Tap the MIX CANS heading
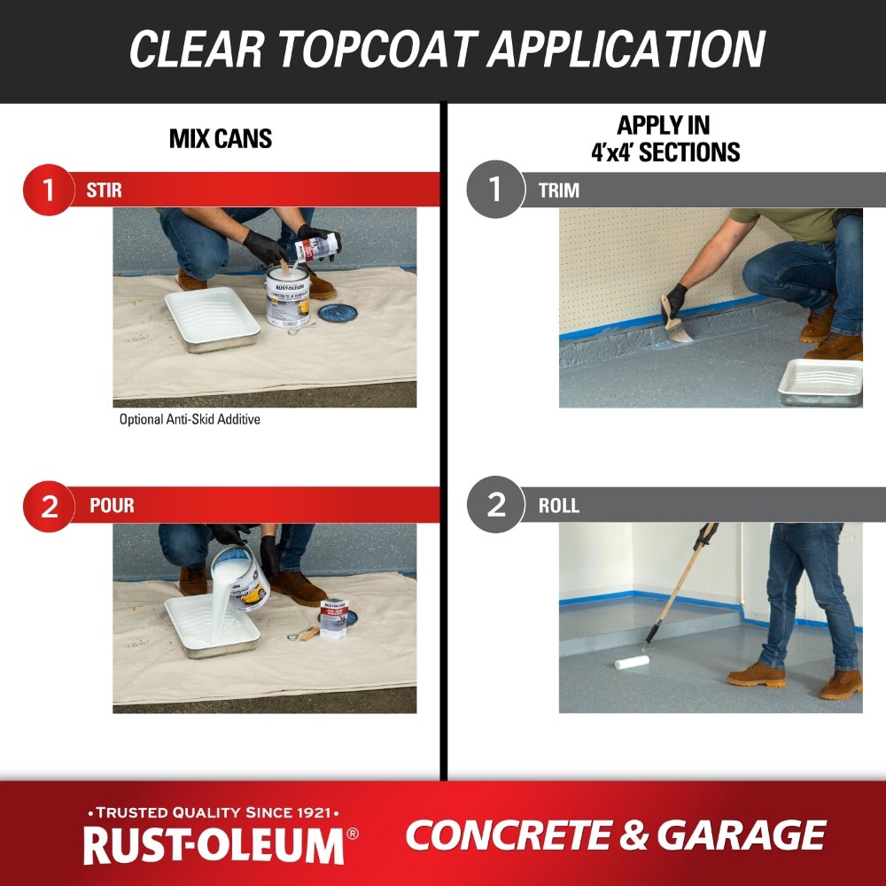point(221,139)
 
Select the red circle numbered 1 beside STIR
point(48,190)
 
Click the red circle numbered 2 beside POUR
point(48,505)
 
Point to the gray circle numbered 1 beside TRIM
point(494,190)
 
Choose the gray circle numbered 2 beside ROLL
point(494,505)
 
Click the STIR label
point(105,190)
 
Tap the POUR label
point(112,505)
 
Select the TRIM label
point(558,190)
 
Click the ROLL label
point(558,505)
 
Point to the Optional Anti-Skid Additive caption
point(190,419)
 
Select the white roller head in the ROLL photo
point(632,661)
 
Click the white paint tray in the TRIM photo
point(820,381)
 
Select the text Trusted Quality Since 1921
point(213,812)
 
